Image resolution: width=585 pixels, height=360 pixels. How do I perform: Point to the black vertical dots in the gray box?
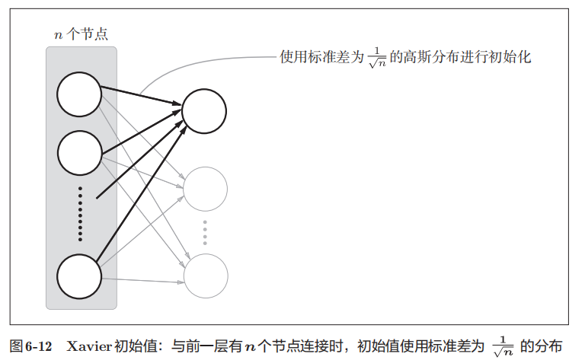pos(80,214)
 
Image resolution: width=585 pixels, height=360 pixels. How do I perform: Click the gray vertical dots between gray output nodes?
pos(205,233)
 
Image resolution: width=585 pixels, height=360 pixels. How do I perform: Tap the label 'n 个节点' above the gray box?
pos(81,34)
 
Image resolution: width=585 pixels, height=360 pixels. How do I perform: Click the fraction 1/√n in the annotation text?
pos(377,58)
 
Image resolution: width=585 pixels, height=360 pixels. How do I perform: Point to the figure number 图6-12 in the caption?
pos(30,346)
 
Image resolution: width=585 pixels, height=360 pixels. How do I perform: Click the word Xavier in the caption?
pos(89,346)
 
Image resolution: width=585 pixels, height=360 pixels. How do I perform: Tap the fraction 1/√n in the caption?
pos(503,346)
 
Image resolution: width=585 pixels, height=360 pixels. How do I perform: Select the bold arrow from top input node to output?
pos(142,96)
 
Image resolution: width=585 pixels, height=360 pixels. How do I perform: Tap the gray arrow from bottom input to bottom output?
pos(143,281)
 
